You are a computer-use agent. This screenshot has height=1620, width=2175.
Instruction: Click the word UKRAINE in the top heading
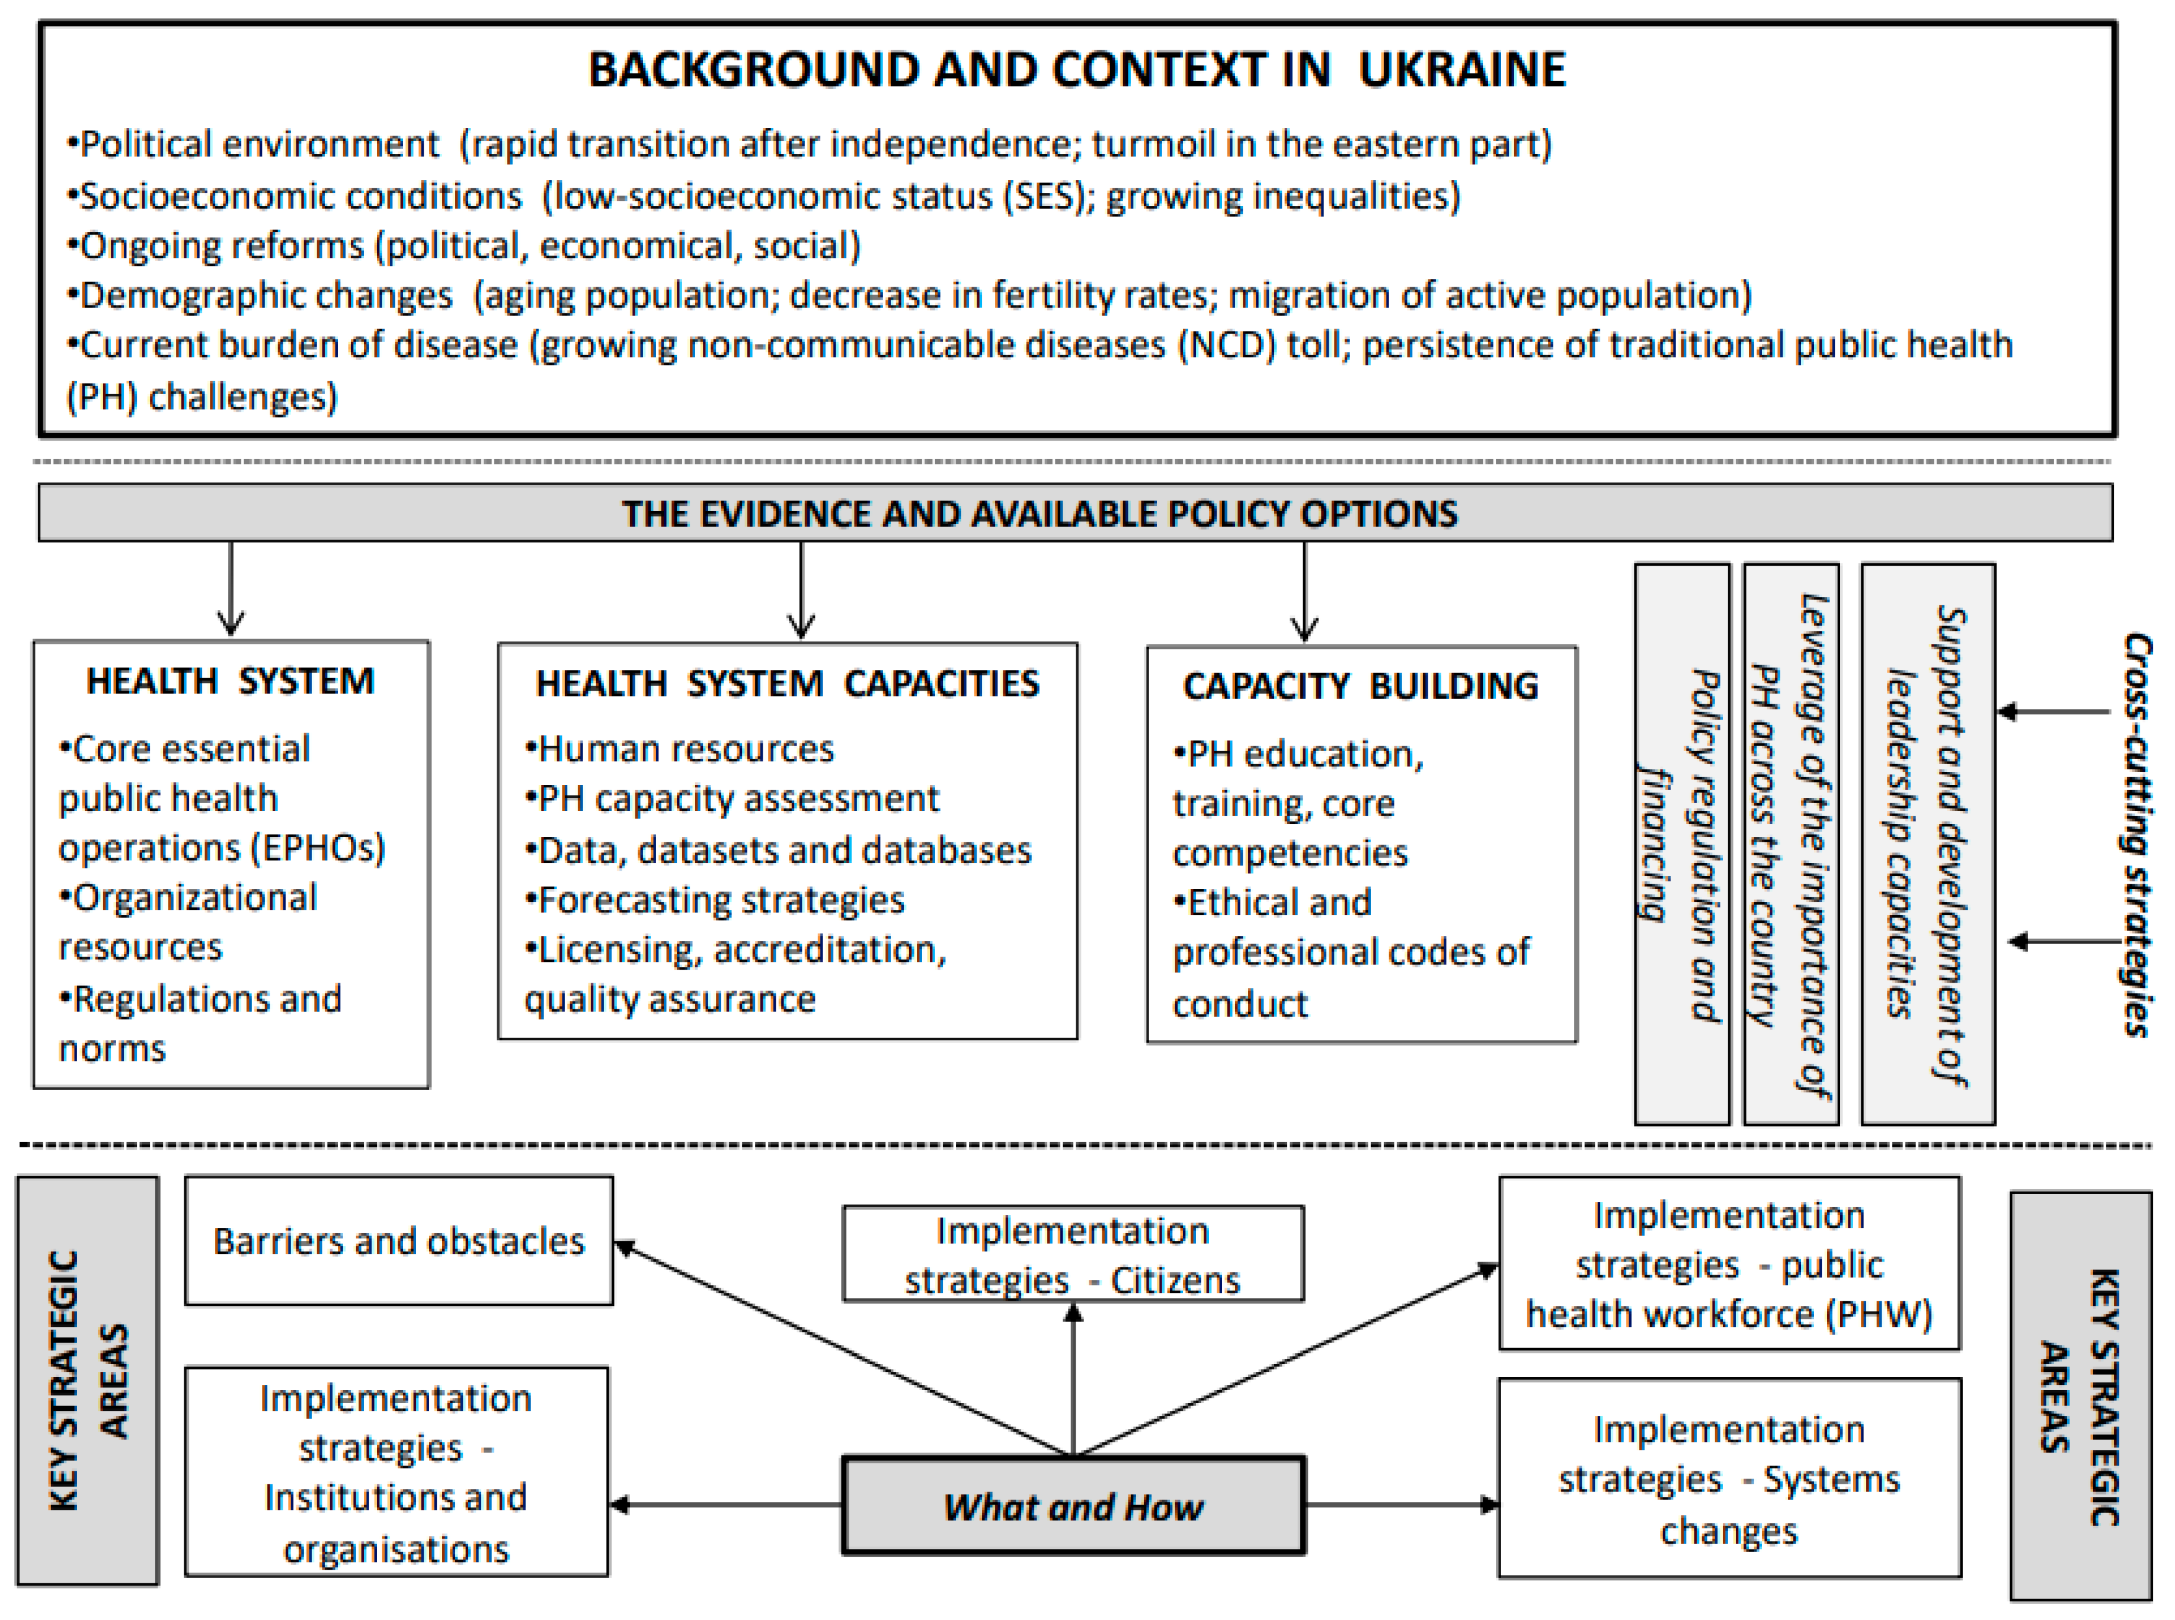1462,70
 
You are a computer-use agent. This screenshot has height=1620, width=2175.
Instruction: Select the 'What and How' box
1073,1505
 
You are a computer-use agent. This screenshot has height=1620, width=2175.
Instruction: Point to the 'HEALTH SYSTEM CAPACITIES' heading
787,684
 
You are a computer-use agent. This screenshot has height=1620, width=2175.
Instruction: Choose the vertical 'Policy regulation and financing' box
1681,843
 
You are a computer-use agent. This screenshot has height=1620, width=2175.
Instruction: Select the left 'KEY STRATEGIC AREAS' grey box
87,1381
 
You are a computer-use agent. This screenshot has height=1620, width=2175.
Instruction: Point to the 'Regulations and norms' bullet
201,1023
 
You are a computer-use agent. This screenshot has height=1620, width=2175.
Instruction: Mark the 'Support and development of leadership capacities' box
1927,843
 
